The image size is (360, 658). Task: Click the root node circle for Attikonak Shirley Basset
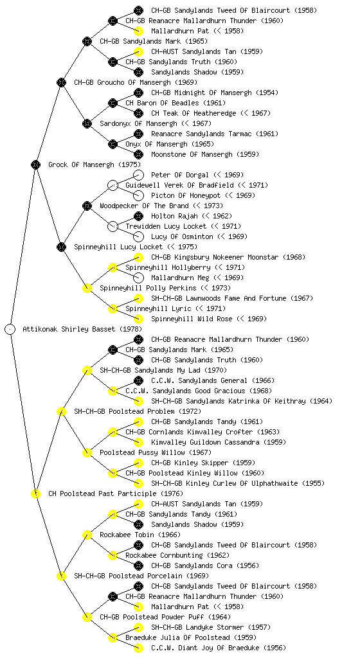coord(10,329)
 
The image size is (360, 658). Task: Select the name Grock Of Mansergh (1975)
coord(94,164)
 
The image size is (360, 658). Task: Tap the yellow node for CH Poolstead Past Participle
coord(35,493)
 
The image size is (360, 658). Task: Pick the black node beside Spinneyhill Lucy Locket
coord(61,247)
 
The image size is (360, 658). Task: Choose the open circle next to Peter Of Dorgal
coord(138,175)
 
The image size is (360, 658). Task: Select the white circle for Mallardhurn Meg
coord(138,278)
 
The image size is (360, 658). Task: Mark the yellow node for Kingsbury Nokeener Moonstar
coord(138,257)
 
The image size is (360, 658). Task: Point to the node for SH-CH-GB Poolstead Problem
coord(61,411)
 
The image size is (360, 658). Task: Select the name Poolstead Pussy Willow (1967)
coord(156,452)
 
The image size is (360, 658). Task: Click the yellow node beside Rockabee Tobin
coord(87,535)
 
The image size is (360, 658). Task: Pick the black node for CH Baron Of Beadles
coord(113,103)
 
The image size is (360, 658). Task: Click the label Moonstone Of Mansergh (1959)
coord(205,154)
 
